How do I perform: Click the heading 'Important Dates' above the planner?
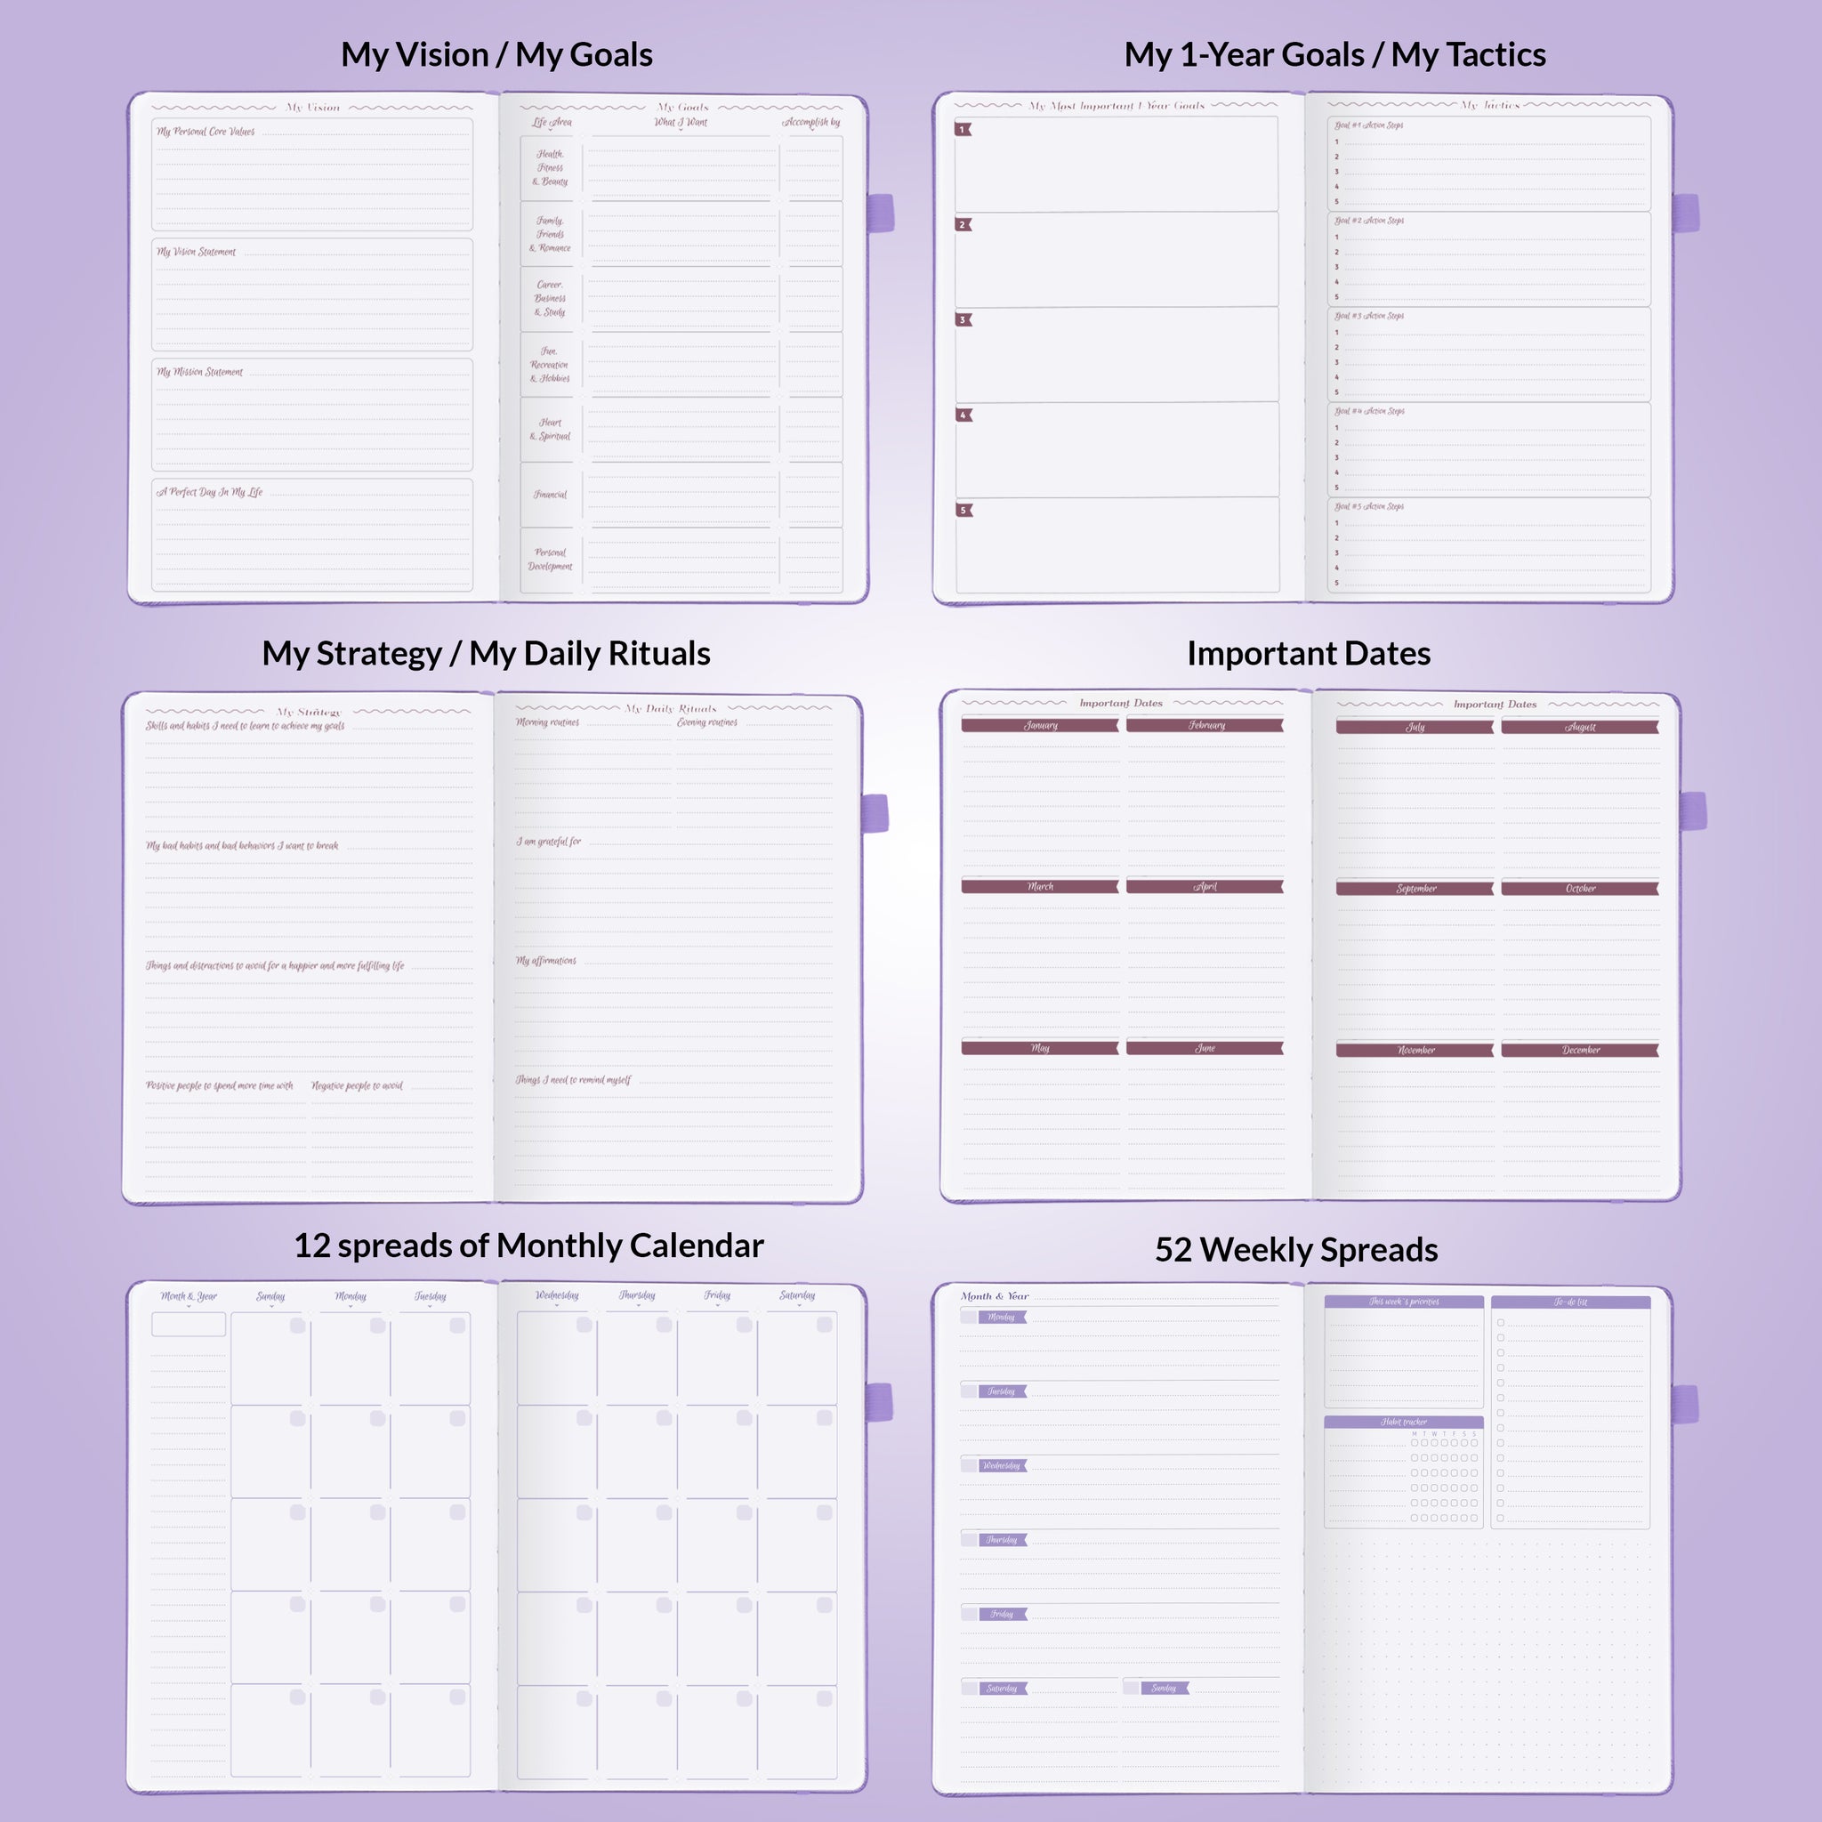[1308, 654]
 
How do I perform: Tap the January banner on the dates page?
[1040, 725]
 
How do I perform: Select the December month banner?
[1580, 1050]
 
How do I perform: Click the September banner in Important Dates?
[1415, 889]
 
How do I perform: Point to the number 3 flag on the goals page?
[963, 319]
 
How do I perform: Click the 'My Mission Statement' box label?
[200, 372]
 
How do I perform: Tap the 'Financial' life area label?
[550, 494]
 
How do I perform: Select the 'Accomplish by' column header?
[810, 122]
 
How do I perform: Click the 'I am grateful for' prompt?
[548, 842]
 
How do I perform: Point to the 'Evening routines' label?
[706, 722]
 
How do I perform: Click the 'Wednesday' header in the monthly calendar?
[556, 1295]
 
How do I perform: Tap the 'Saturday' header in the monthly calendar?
[797, 1295]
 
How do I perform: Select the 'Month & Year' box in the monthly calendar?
[189, 1324]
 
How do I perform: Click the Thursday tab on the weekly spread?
[1002, 1540]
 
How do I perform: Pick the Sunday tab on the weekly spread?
[1164, 1688]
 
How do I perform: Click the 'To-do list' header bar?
[1570, 1302]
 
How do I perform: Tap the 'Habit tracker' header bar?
[1403, 1421]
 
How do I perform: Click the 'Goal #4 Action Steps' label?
[1369, 411]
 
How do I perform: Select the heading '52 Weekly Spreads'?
[1295, 1250]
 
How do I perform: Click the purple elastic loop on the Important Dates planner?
[1694, 811]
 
